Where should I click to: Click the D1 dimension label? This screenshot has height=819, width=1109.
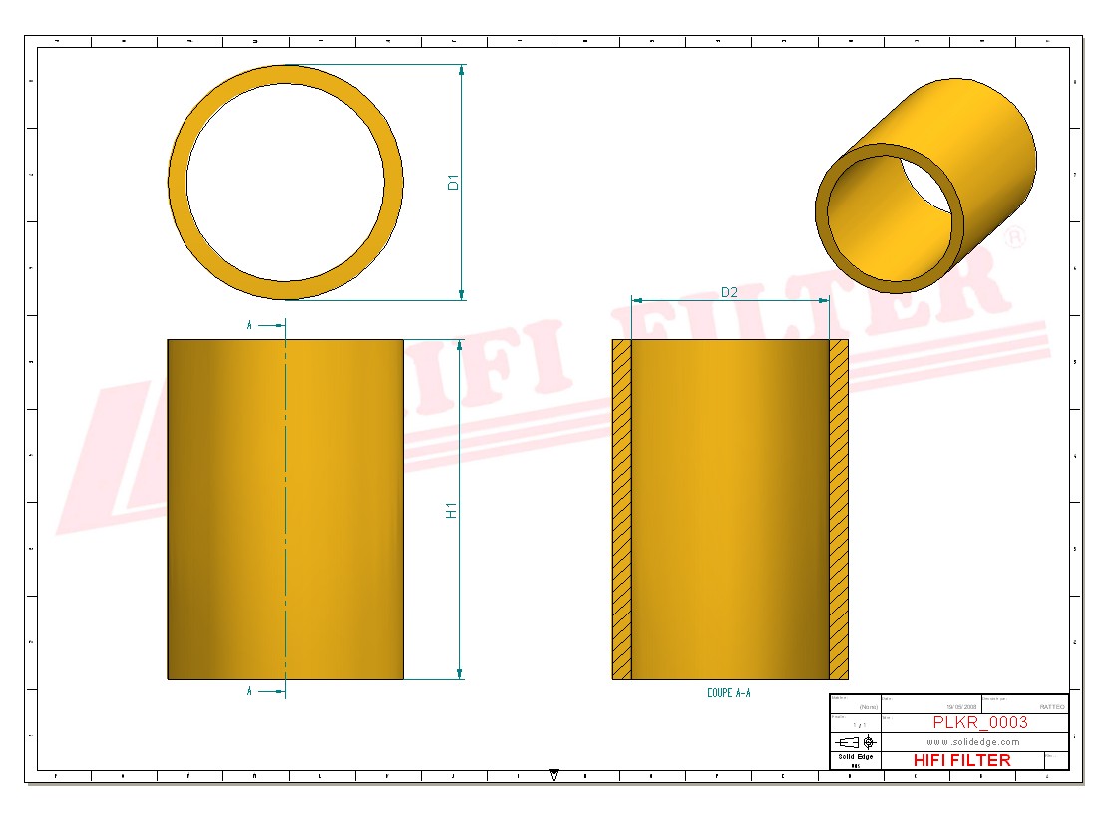(x=452, y=183)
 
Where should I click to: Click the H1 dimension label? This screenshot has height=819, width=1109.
(x=452, y=510)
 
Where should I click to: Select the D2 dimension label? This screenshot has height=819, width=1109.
(x=729, y=292)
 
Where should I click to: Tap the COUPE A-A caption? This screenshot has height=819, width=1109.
(x=728, y=692)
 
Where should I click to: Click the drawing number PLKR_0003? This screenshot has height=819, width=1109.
(x=979, y=722)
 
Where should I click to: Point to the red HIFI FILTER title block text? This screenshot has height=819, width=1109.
(x=961, y=760)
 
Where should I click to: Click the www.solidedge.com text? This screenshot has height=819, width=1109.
(x=972, y=742)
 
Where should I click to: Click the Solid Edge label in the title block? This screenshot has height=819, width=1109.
(x=854, y=757)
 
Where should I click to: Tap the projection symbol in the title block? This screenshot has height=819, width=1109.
(x=856, y=742)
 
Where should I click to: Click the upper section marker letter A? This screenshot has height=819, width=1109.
(x=249, y=325)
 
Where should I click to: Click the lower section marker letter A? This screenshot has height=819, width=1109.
(x=249, y=690)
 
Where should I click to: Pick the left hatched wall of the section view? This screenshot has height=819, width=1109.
(x=621, y=509)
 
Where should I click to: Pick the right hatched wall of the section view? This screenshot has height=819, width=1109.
(x=839, y=509)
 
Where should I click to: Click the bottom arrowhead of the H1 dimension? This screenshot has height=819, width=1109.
(x=460, y=673)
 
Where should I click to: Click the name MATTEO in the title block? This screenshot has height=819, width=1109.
(x=1051, y=706)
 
